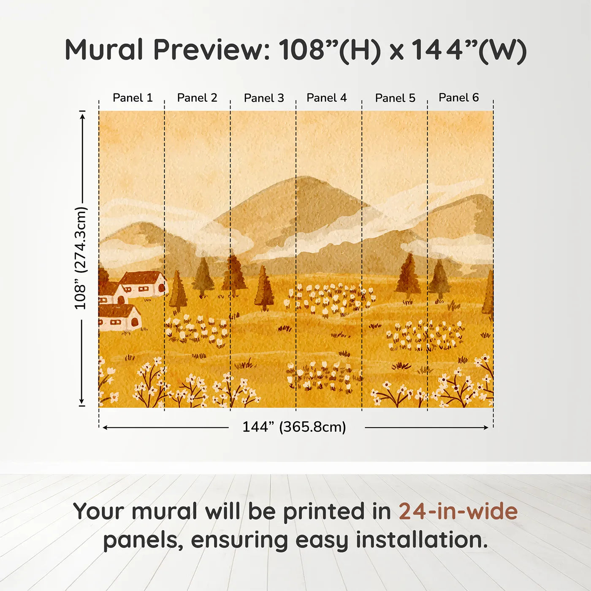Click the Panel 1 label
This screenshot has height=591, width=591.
(133, 98)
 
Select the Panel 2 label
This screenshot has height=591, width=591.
(197, 98)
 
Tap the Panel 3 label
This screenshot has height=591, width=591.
(264, 98)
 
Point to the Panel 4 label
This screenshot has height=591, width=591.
(326, 98)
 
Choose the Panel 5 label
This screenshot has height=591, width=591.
(395, 98)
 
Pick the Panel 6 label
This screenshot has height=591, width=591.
(458, 98)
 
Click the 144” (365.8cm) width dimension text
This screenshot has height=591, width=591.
(294, 427)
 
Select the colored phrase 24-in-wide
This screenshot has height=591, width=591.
(458, 512)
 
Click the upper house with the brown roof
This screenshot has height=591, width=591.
(144, 283)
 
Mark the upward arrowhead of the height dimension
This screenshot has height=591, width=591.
(83, 114)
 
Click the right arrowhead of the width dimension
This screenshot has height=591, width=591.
(486, 428)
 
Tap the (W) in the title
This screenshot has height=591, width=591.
(502, 51)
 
